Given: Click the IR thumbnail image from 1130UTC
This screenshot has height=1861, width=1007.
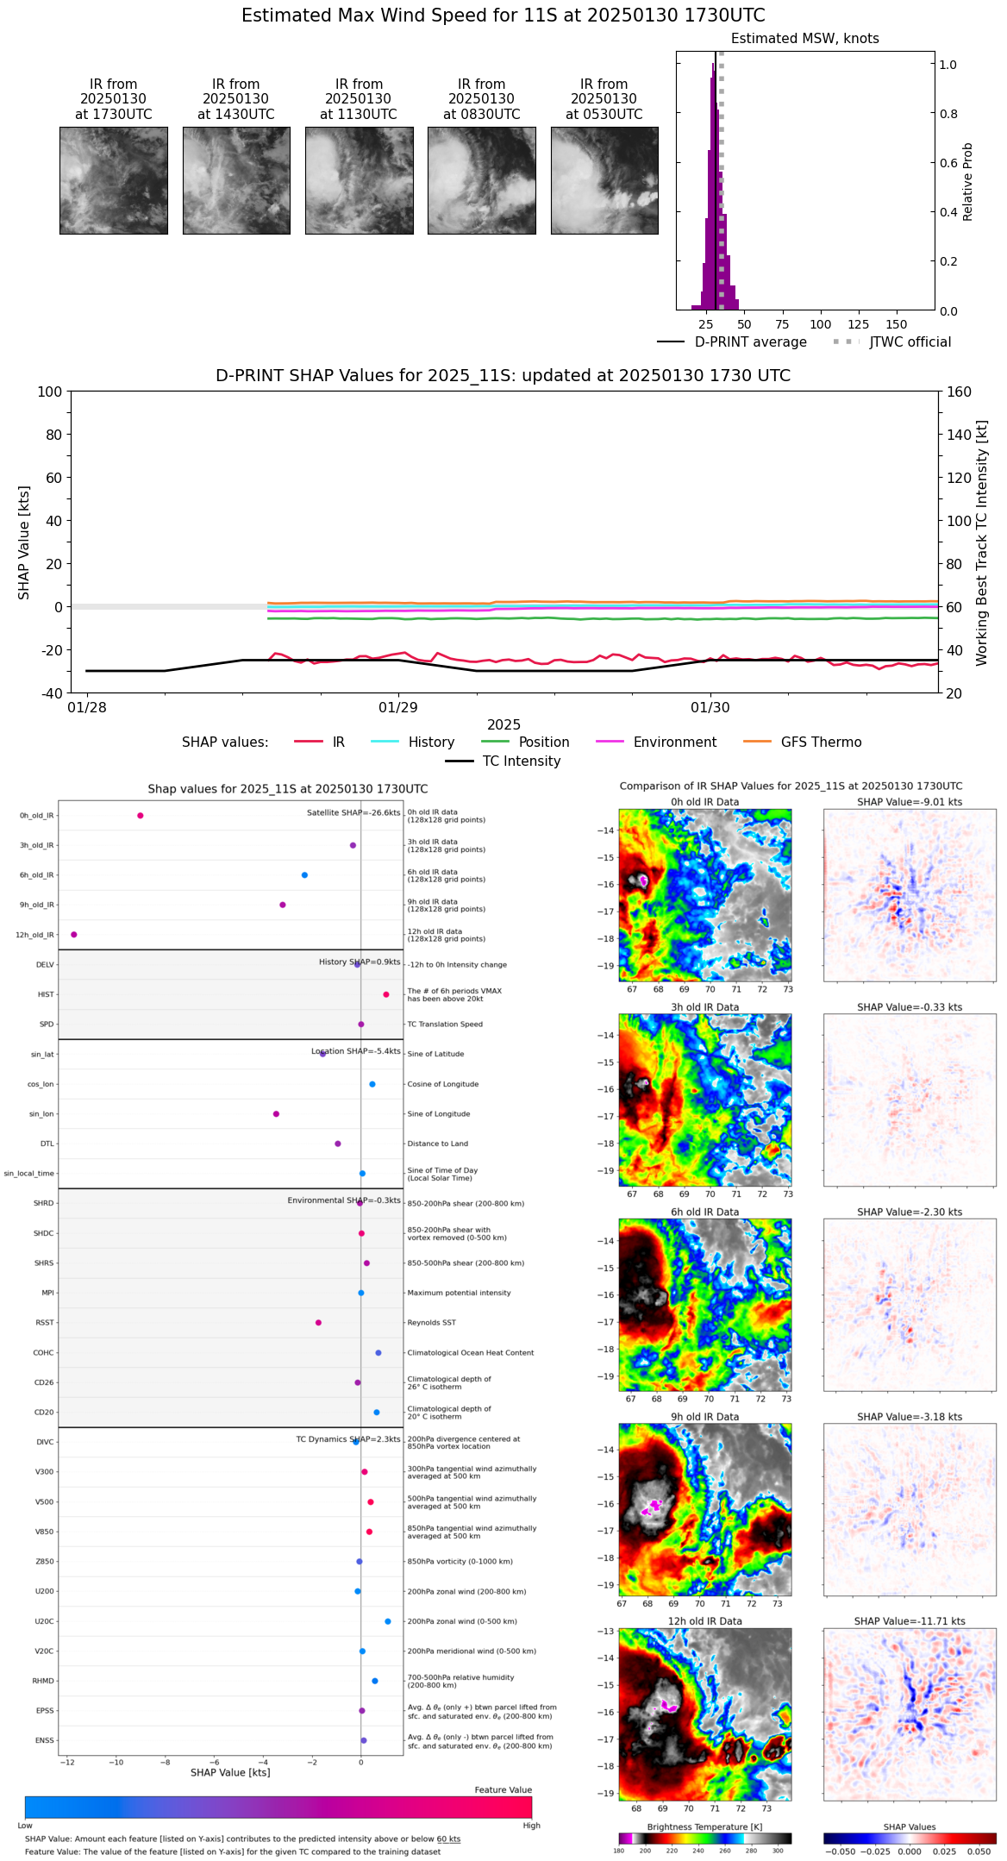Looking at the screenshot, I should pos(359,180).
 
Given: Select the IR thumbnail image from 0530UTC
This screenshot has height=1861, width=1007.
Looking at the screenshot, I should pos(604,180).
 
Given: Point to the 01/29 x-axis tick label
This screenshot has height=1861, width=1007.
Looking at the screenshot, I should pos(398,707).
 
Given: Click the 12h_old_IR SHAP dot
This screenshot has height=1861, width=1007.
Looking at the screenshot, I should pos(74,934).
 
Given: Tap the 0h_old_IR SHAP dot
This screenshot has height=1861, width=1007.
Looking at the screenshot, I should pos(141,815).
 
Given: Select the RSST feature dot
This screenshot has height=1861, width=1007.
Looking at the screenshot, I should pos(318,1322).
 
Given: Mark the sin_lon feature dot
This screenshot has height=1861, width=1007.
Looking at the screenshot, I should pos(276,1113).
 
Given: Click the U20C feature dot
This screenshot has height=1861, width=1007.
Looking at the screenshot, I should pos(388,1621).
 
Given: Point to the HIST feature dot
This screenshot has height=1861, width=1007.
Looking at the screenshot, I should pos(386,994).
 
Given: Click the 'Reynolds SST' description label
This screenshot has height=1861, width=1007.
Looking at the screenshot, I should pos(431,1322).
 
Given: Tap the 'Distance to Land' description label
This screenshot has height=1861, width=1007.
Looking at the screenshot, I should pos(439,1144).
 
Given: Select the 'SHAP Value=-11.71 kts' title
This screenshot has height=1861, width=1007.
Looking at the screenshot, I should pos(910,1621).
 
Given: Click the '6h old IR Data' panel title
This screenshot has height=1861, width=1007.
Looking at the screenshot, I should pos(704,1212).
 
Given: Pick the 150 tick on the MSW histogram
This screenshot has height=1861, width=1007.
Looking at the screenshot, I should pos(897,324).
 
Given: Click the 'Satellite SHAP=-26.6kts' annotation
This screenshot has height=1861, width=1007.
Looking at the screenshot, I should pos(353,812).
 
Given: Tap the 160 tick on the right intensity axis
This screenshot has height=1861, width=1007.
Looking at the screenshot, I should pos(960,392).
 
